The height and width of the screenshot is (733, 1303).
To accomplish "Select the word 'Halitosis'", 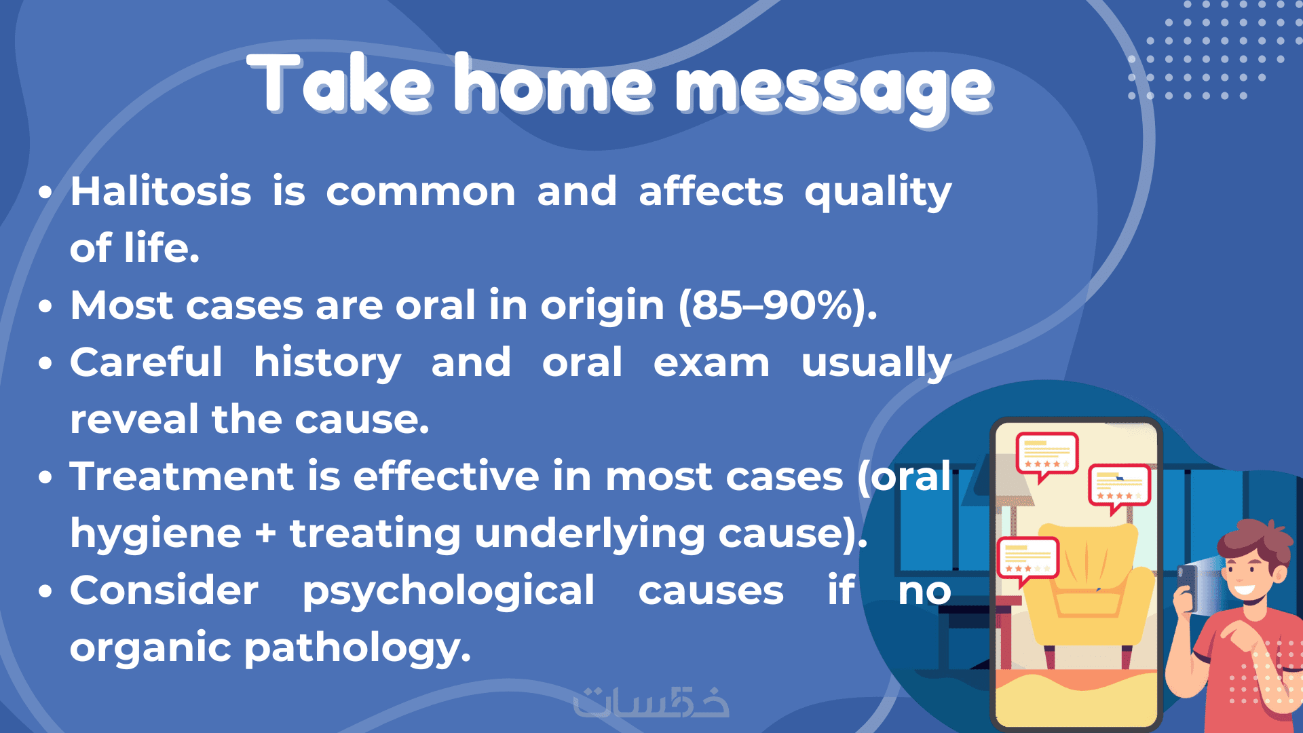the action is pos(161,191).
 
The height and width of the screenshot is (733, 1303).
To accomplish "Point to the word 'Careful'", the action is pos(146,362).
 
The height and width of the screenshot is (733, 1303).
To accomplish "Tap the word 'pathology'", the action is pos(357,649).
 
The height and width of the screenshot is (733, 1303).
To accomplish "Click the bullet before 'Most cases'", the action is pos(45,306).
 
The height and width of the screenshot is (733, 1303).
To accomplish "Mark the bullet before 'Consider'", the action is pos(45,591).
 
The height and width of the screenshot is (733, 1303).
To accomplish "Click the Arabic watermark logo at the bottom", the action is pos(651,702).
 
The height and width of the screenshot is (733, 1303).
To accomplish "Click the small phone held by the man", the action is pos(1187,587).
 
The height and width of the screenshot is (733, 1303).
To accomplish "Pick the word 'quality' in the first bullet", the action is pos(878,192).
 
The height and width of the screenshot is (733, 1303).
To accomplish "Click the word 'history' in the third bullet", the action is pos(327,363).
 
